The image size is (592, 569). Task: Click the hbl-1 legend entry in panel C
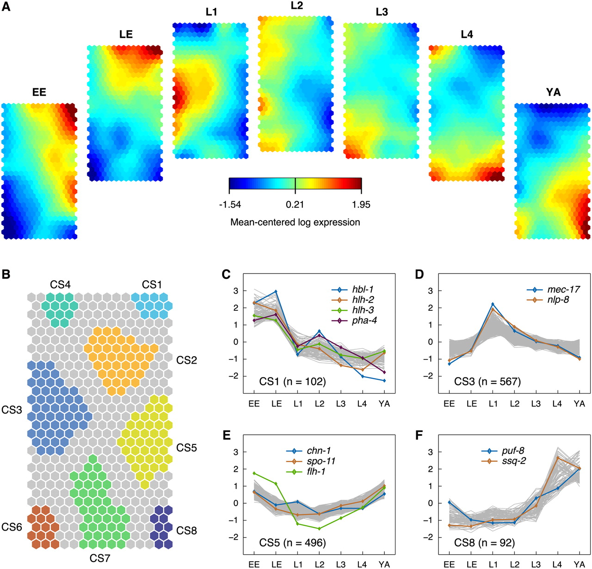coord(363,290)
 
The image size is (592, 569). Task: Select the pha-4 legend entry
coord(364,320)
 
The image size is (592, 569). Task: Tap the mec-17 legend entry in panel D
coord(563,290)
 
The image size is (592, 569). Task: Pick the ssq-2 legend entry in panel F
coord(513,461)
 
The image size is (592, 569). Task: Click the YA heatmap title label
coord(553,92)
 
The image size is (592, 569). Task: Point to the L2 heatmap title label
coord(296,6)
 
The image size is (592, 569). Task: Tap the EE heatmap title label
coord(39,92)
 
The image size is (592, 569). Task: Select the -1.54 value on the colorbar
coord(230,204)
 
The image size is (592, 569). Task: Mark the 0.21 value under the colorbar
coord(295,204)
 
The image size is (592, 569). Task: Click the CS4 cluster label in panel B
coord(61,284)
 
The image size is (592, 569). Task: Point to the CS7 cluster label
coord(100,558)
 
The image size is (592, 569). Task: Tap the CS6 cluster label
coord(12,527)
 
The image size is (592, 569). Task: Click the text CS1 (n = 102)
coord(292,382)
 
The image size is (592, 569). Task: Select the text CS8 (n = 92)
coord(484,543)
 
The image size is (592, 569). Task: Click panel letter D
coord(419,274)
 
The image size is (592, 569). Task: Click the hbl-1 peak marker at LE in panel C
coord(276,292)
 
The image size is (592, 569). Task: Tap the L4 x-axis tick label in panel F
coord(557,564)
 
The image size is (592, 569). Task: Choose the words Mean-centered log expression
coord(295,222)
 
